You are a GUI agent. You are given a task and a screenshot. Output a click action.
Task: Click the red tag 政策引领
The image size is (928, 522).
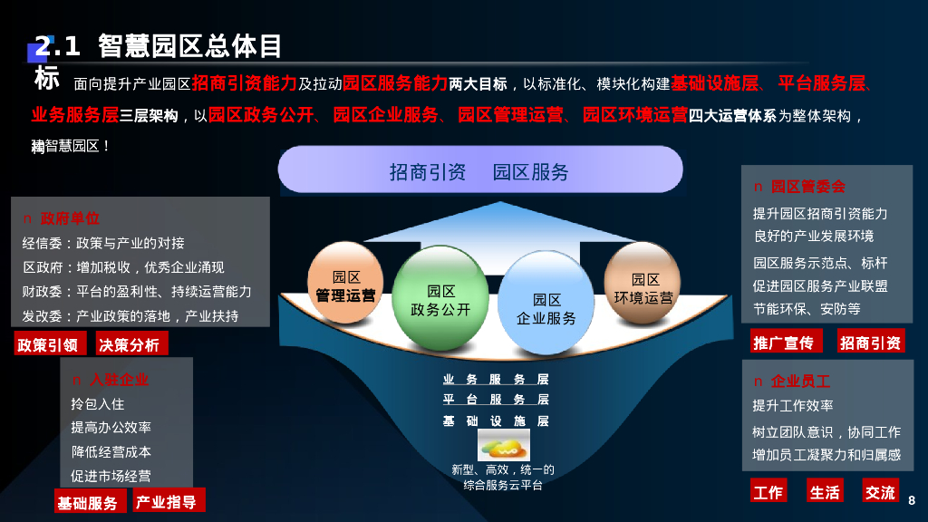click(50, 344)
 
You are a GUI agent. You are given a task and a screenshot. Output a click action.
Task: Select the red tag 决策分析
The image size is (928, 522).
click(129, 344)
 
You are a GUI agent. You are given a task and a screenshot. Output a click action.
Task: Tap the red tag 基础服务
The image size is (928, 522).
click(88, 502)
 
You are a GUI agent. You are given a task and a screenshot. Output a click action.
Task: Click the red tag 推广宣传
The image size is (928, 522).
click(783, 342)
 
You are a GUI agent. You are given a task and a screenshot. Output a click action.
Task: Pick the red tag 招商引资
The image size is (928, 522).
click(870, 342)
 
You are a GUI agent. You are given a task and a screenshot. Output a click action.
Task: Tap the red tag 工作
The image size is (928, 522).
click(768, 491)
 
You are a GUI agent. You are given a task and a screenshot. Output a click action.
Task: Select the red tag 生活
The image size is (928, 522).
click(825, 491)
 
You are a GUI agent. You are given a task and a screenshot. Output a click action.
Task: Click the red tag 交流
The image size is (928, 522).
click(880, 491)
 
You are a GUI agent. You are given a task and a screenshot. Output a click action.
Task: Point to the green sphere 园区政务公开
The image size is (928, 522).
click(440, 299)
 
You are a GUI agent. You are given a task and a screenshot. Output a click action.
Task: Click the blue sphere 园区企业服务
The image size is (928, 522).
click(546, 307)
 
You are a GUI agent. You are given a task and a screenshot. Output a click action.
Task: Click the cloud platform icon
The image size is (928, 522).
click(504, 445)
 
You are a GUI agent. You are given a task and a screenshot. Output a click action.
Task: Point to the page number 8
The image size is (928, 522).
click(912, 500)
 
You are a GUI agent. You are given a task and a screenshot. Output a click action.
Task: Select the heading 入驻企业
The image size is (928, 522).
click(118, 379)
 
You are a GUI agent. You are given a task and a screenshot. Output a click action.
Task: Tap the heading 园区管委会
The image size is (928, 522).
click(807, 186)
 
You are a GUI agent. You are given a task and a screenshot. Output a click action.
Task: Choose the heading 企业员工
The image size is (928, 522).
click(800, 381)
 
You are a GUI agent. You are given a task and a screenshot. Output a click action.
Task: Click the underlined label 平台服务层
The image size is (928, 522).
click(496, 400)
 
